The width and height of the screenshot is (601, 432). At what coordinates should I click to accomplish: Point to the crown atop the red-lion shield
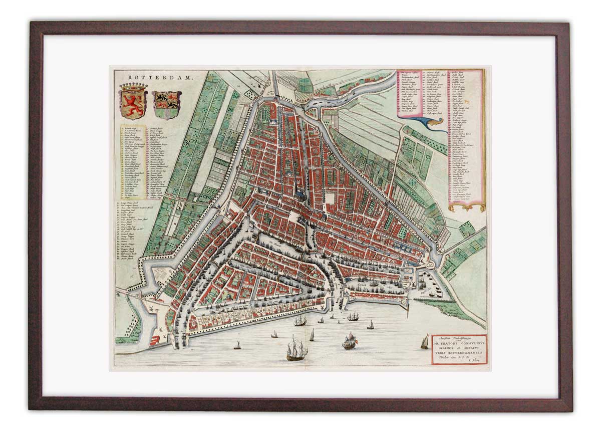[x=133, y=87]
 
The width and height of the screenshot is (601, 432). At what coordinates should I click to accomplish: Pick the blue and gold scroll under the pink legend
[x=431, y=123]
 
